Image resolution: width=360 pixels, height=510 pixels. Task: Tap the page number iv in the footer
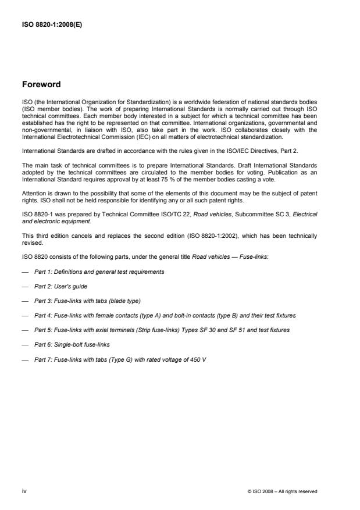point(24,491)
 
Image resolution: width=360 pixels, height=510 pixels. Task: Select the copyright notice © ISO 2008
point(283,491)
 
